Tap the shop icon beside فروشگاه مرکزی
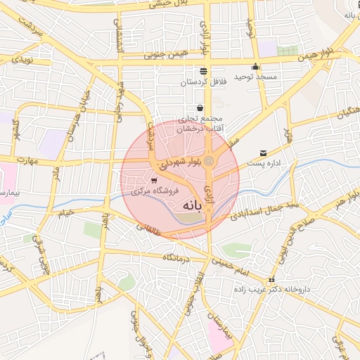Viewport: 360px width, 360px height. click(154, 180)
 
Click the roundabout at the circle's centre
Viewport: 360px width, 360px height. click(208, 162)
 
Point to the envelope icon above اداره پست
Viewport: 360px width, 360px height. click(263, 153)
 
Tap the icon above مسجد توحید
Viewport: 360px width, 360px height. click(255, 67)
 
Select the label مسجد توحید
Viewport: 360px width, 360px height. click(257, 77)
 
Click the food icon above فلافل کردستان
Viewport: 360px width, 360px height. click(203, 71)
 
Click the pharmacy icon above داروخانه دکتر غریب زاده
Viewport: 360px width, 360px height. click(272, 281)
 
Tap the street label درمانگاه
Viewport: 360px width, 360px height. click(178, 258)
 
